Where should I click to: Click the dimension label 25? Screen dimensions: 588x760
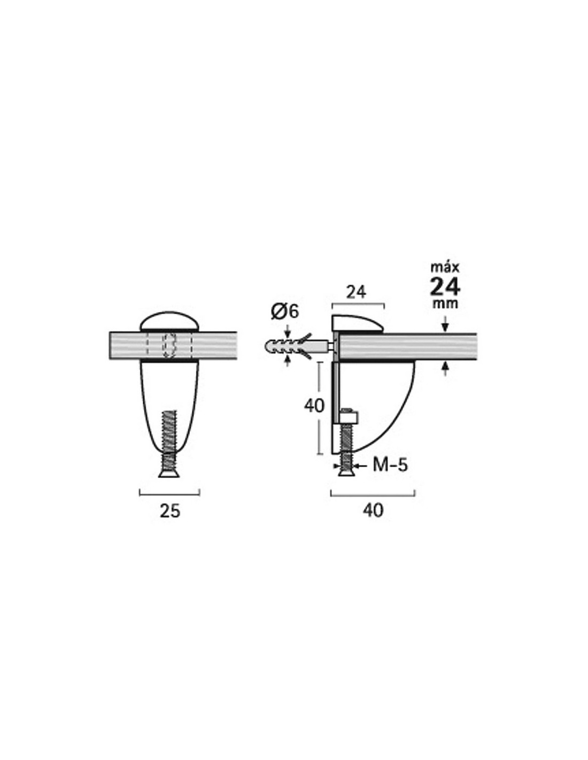tap(169, 511)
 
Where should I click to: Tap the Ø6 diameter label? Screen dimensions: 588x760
tap(285, 312)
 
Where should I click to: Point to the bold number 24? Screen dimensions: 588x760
tap(445, 287)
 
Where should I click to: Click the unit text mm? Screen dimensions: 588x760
tap(445, 304)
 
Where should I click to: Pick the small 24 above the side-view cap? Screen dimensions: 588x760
tap(356, 292)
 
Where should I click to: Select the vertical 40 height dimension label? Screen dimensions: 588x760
tap(314, 406)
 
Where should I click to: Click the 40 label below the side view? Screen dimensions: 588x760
tap(373, 510)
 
